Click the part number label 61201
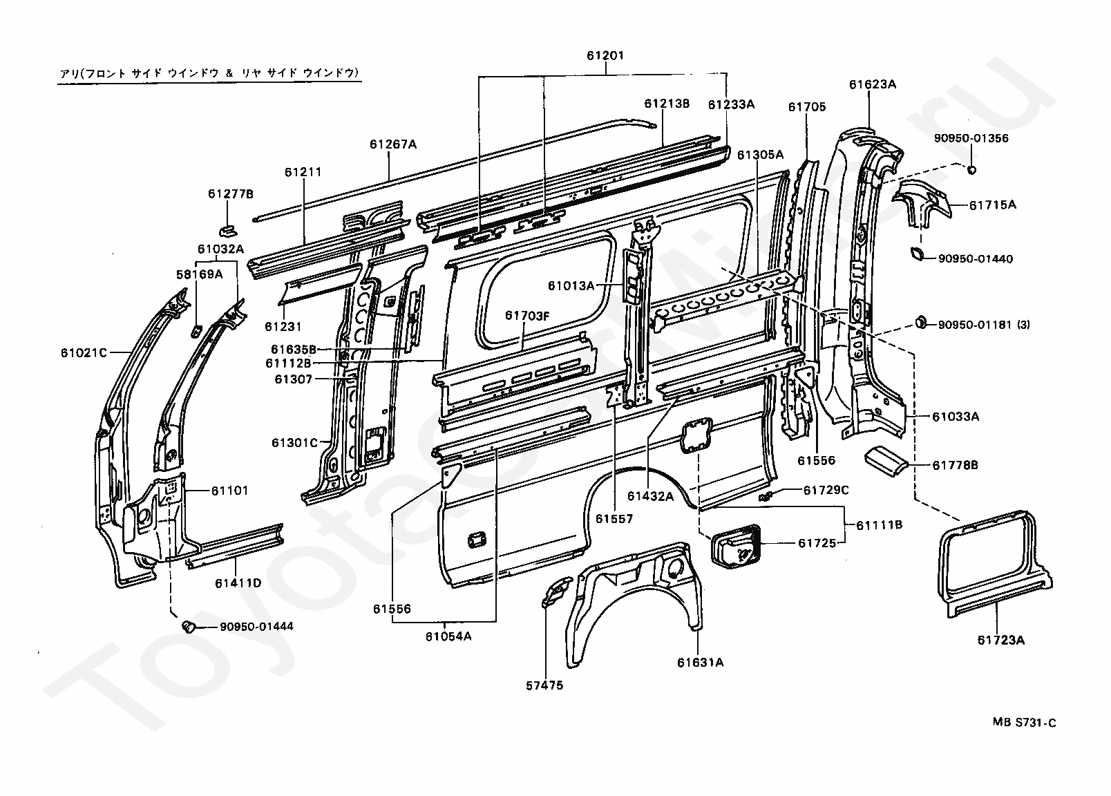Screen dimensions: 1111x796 point(605,55)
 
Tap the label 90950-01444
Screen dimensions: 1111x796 point(256,627)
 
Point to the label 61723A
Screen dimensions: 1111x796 point(1001,641)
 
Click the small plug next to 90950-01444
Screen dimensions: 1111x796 point(188,627)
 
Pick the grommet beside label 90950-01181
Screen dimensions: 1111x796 point(920,323)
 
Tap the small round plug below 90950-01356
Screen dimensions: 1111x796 point(971,169)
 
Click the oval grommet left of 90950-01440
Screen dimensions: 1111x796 point(916,254)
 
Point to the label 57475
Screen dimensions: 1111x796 point(544,685)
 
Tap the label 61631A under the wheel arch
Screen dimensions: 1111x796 point(701,663)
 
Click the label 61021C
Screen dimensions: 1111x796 point(84,352)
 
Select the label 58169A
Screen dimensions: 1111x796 point(200,274)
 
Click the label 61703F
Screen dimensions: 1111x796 point(527,315)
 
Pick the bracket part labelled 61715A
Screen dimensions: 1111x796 point(922,204)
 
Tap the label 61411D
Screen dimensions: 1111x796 point(238,583)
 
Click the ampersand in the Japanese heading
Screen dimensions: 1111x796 point(229,73)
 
